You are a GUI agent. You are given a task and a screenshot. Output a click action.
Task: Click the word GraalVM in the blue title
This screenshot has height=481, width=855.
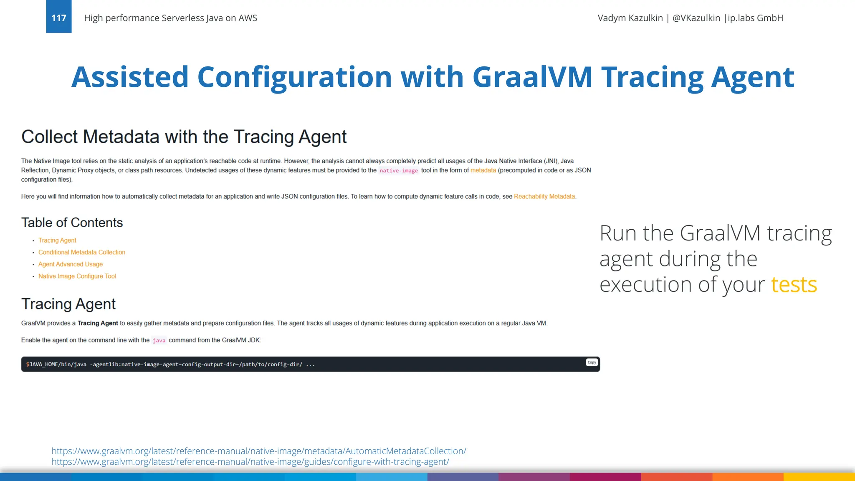coord(532,77)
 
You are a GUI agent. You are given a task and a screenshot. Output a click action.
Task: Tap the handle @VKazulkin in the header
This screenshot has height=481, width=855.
coord(696,18)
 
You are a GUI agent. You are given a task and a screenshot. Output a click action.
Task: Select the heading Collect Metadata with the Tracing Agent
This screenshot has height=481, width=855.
coord(184,137)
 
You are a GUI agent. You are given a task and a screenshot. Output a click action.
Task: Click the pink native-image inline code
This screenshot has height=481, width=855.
coord(398,170)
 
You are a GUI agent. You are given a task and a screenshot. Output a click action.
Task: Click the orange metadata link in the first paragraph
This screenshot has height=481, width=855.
coord(483,170)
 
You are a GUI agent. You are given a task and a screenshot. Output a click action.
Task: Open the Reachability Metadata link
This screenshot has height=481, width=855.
coord(544,197)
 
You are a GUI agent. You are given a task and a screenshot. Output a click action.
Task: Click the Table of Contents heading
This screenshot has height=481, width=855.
coord(72,223)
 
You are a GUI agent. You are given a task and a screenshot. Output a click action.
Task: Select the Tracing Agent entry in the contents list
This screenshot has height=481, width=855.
coord(57,240)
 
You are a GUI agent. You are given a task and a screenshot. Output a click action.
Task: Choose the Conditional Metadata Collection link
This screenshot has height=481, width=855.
coord(82,252)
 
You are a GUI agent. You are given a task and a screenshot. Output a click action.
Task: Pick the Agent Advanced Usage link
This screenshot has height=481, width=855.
coord(71,264)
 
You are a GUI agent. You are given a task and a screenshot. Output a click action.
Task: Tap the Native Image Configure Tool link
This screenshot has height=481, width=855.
coord(77,276)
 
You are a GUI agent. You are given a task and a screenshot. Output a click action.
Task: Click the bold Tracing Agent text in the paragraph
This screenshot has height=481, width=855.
coord(98,323)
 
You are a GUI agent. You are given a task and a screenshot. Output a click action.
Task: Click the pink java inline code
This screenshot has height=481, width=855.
coord(159,340)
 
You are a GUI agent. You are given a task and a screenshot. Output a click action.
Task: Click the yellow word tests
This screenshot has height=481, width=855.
coord(794,285)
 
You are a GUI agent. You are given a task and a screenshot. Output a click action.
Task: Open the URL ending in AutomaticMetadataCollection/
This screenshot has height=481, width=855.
coord(259,451)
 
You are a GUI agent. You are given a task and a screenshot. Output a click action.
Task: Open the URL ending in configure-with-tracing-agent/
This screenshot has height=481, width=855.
coord(250,462)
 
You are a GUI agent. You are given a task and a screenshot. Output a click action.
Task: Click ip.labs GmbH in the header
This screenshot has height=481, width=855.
coord(755,18)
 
